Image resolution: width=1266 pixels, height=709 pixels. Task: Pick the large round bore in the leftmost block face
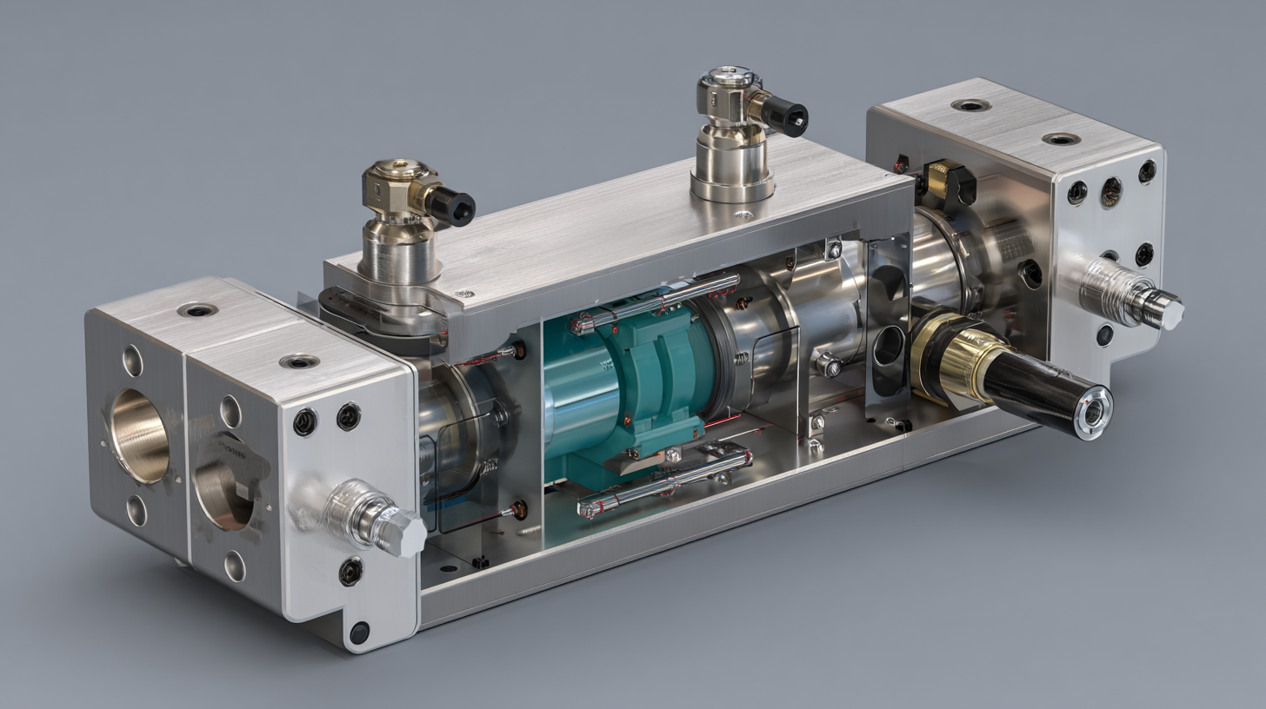pos(139,434)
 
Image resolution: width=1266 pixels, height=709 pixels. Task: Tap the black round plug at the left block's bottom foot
pos(358,633)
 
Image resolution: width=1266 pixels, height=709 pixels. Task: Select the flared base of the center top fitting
pos(731,184)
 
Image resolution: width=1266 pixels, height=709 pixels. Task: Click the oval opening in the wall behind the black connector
pos(888,346)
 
